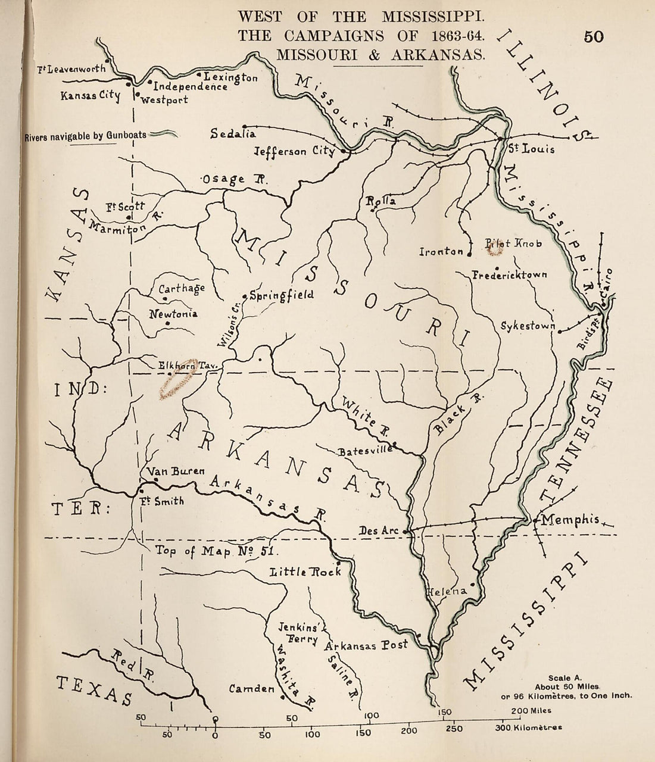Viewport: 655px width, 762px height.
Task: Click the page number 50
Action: click(594, 36)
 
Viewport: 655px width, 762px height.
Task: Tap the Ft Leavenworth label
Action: click(71, 69)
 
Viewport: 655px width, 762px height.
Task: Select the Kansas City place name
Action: click(90, 96)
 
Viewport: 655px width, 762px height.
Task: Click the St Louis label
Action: click(531, 148)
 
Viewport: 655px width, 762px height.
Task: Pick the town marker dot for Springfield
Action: click(244, 296)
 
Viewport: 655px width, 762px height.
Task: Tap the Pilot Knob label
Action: click(513, 244)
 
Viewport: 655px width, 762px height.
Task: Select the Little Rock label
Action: click(305, 571)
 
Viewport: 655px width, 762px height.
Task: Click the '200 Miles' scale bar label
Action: click(531, 710)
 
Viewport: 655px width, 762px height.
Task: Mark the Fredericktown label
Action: click(509, 275)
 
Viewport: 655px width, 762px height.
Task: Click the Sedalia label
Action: click(233, 134)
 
